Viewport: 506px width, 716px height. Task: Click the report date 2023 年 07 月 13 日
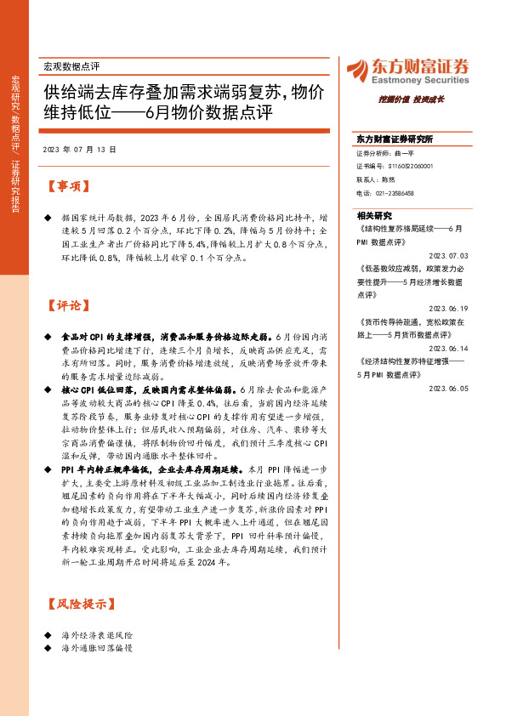pyautogui.click(x=78, y=149)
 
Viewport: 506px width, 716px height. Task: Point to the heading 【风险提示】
pyautogui.click(x=77, y=605)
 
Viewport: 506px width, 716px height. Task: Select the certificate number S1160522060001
pyautogui.click(x=404, y=167)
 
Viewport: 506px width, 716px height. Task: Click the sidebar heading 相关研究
pyautogui.click(x=373, y=216)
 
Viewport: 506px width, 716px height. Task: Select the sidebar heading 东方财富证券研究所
pyautogui.click(x=395, y=139)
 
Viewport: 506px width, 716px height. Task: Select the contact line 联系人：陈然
pyautogui.click(x=378, y=180)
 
